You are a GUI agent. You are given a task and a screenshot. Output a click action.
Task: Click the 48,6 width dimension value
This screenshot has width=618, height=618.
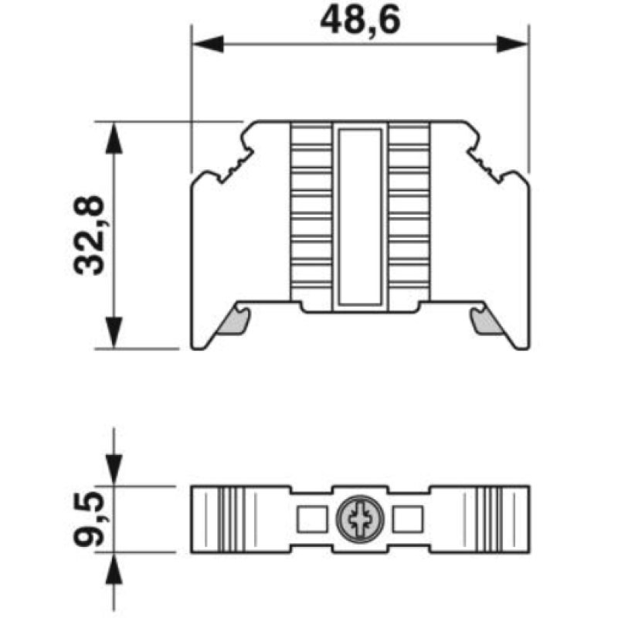(x=360, y=21)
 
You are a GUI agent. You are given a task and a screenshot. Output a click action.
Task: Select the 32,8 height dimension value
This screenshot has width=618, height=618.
(x=89, y=235)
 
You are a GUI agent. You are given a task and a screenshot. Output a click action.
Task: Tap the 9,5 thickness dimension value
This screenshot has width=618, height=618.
(x=89, y=519)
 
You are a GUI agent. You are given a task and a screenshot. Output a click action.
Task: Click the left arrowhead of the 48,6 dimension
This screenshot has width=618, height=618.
(x=208, y=44)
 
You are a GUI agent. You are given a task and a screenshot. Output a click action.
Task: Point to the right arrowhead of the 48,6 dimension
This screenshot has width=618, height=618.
(x=511, y=44)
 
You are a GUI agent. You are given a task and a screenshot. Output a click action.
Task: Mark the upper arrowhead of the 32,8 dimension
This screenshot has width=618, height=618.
(x=114, y=138)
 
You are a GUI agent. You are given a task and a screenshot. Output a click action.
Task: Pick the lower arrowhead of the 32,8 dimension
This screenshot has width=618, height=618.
(x=114, y=333)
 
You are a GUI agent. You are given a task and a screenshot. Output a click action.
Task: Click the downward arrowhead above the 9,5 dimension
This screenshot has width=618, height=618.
(x=114, y=470)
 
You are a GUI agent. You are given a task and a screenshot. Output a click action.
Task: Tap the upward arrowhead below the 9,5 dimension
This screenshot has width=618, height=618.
(x=114, y=569)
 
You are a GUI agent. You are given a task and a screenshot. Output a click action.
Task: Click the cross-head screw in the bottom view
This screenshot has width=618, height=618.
(x=360, y=519)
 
